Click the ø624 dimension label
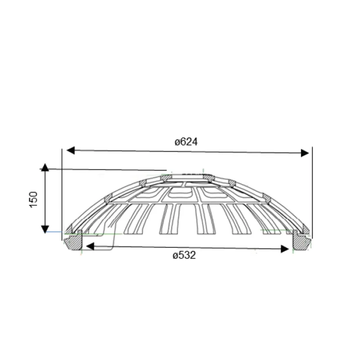coord(186,142)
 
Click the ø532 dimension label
coord(184,255)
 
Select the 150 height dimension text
coord(33,199)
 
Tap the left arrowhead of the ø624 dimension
coord(71,150)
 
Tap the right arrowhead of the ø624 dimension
coord(305,153)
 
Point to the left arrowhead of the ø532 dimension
coord(90,247)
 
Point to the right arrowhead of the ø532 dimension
coord(285,249)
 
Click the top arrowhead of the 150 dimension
coord(45,167)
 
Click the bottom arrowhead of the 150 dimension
coord(45,229)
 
